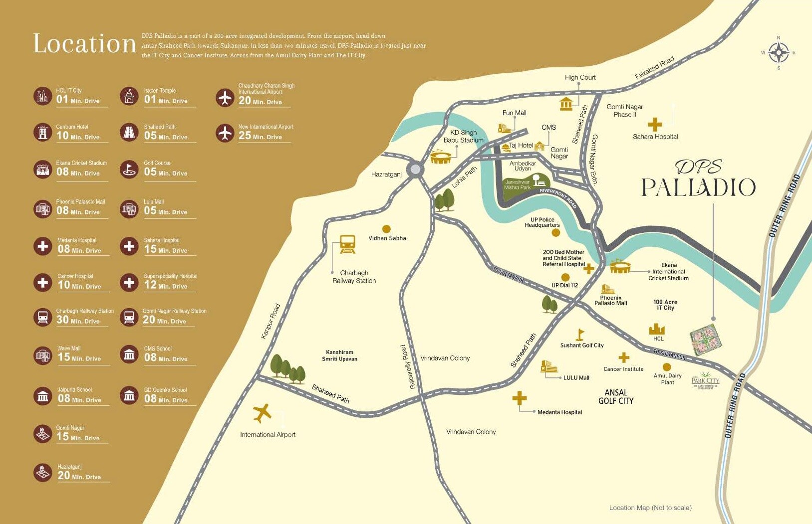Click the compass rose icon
pyautogui.click(x=778, y=52)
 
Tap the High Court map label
pyautogui.click(x=580, y=77)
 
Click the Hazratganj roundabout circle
pyautogui.click(x=415, y=170)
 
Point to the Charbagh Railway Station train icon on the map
pyautogui.click(x=347, y=244)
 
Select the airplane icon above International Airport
pyautogui.click(x=262, y=413)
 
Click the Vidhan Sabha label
pyautogui.click(x=387, y=238)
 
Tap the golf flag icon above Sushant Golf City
pyautogui.click(x=580, y=334)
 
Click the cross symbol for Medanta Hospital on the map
pyautogui.click(x=520, y=398)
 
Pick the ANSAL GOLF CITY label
pyautogui.click(x=616, y=397)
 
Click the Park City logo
pyautogui.click(x=705, y=380)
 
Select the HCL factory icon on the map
pyautogui.click(x=657, y=329)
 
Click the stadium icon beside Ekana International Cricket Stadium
pyautogui.click(x=620, y=267)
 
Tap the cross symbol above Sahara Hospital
pyautogui.click(x=655, y=124)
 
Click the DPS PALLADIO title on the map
pyautogui.click(x=698, y=179)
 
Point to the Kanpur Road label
pyautogui.click(x=271, y=321)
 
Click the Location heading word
pyautogui.click(x=84, y=44)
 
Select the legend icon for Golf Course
pyautogui.click(x=129, y=170)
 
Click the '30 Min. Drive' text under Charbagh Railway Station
pyautogui.click(x=78, y=321)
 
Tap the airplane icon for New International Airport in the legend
pyautogui.click(x=225, y=133)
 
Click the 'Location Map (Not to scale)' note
pyautogui.click(x=650, y=508)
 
